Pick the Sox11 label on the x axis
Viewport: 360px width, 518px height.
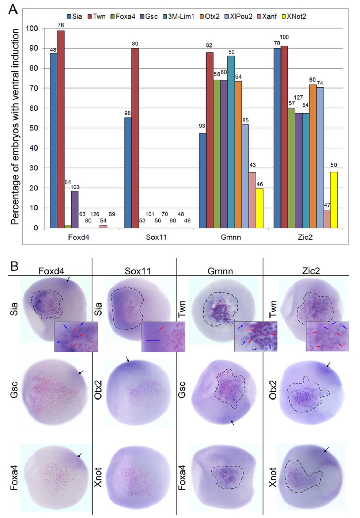(156, 237)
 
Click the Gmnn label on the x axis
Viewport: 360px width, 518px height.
(231, 237)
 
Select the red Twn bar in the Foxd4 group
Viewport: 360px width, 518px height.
(61, 129)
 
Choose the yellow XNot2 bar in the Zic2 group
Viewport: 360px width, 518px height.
(334, 200)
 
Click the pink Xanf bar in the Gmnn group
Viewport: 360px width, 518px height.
(252, 200)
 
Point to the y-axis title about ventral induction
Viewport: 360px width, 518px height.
(15, 126)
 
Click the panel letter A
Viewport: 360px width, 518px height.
(13, 9)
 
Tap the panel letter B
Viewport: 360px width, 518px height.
(14, 266)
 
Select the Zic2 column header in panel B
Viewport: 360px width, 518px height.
(310, 271)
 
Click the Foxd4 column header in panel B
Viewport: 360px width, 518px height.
(51, 271)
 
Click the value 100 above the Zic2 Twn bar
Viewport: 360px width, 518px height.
(284, 37)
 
